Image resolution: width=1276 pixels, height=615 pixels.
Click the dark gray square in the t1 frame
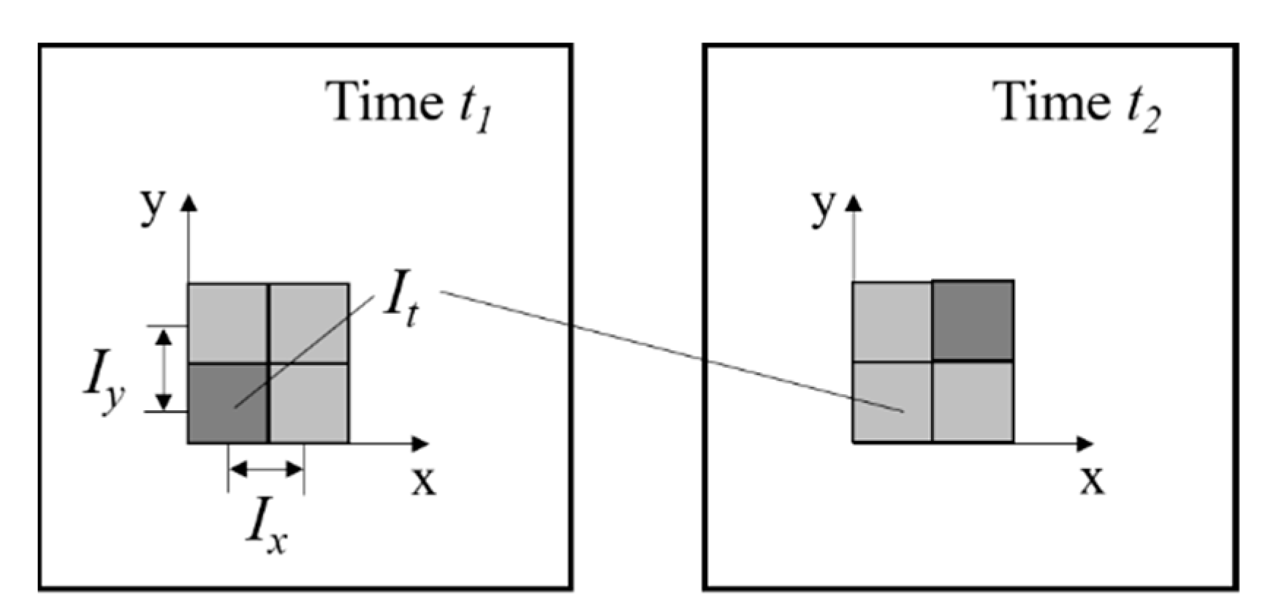coord(228,403)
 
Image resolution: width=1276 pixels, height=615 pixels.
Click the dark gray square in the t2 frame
coord(973,320)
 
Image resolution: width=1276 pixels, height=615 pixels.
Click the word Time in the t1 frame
coord(384,102)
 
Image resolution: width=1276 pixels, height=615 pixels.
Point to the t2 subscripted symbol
coord(1142,110)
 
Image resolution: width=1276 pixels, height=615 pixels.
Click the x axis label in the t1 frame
coord(423,480)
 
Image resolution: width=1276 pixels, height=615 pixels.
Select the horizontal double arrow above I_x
coord(266,469)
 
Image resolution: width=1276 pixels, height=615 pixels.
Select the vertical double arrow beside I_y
coord(164,369)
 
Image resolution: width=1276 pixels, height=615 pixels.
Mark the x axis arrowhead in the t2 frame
coord(1085,443)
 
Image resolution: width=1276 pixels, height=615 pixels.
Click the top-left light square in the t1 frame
coord(228,322)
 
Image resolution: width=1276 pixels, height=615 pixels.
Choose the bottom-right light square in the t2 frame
coord(973,401)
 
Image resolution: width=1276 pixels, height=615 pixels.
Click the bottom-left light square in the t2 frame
coord(892,401)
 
